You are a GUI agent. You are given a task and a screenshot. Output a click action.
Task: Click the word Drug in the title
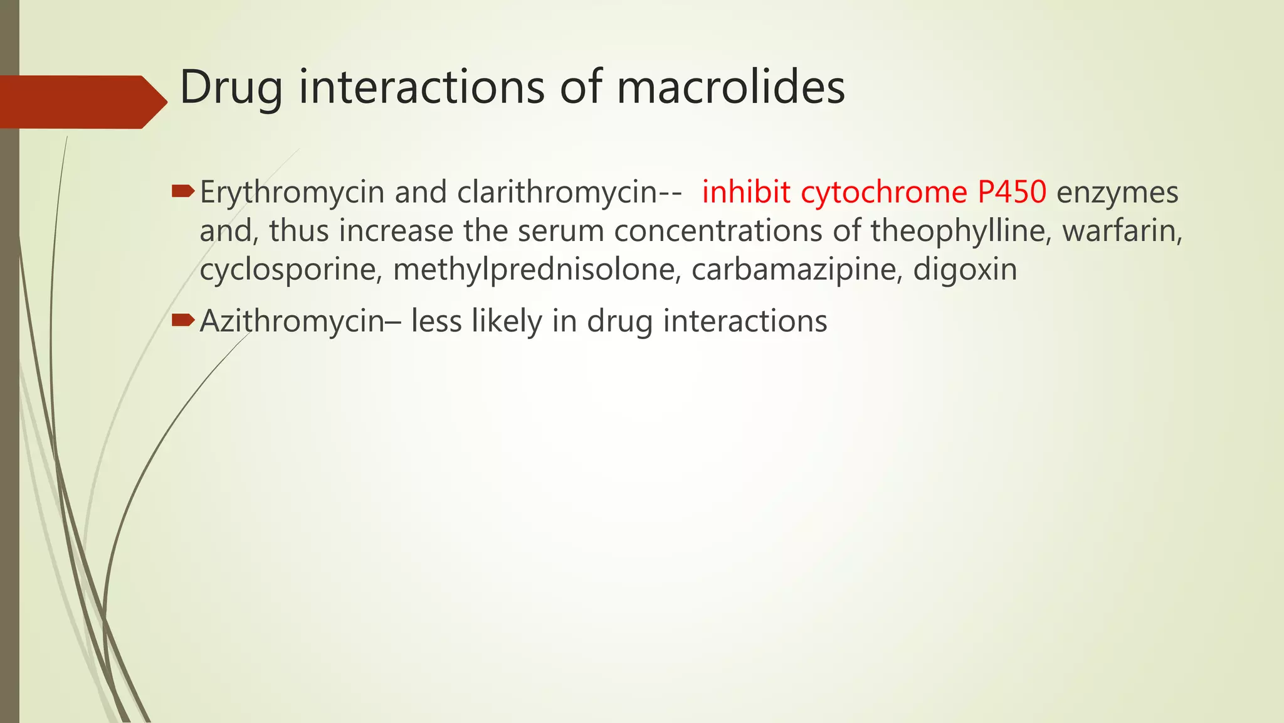coord(231,88)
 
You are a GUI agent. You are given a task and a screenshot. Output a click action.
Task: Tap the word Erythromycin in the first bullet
coord(292,193)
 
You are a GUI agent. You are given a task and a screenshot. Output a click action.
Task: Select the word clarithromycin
coord(557,193)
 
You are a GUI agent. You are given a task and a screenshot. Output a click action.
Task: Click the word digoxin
coord(965,270)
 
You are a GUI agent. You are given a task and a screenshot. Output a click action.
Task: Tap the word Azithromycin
coord(292,322)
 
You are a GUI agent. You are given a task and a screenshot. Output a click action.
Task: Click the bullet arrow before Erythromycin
coord(182,190)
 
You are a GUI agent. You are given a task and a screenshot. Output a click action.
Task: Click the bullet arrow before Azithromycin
coord(182,320)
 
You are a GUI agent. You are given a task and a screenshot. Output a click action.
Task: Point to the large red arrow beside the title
coord(82,102)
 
